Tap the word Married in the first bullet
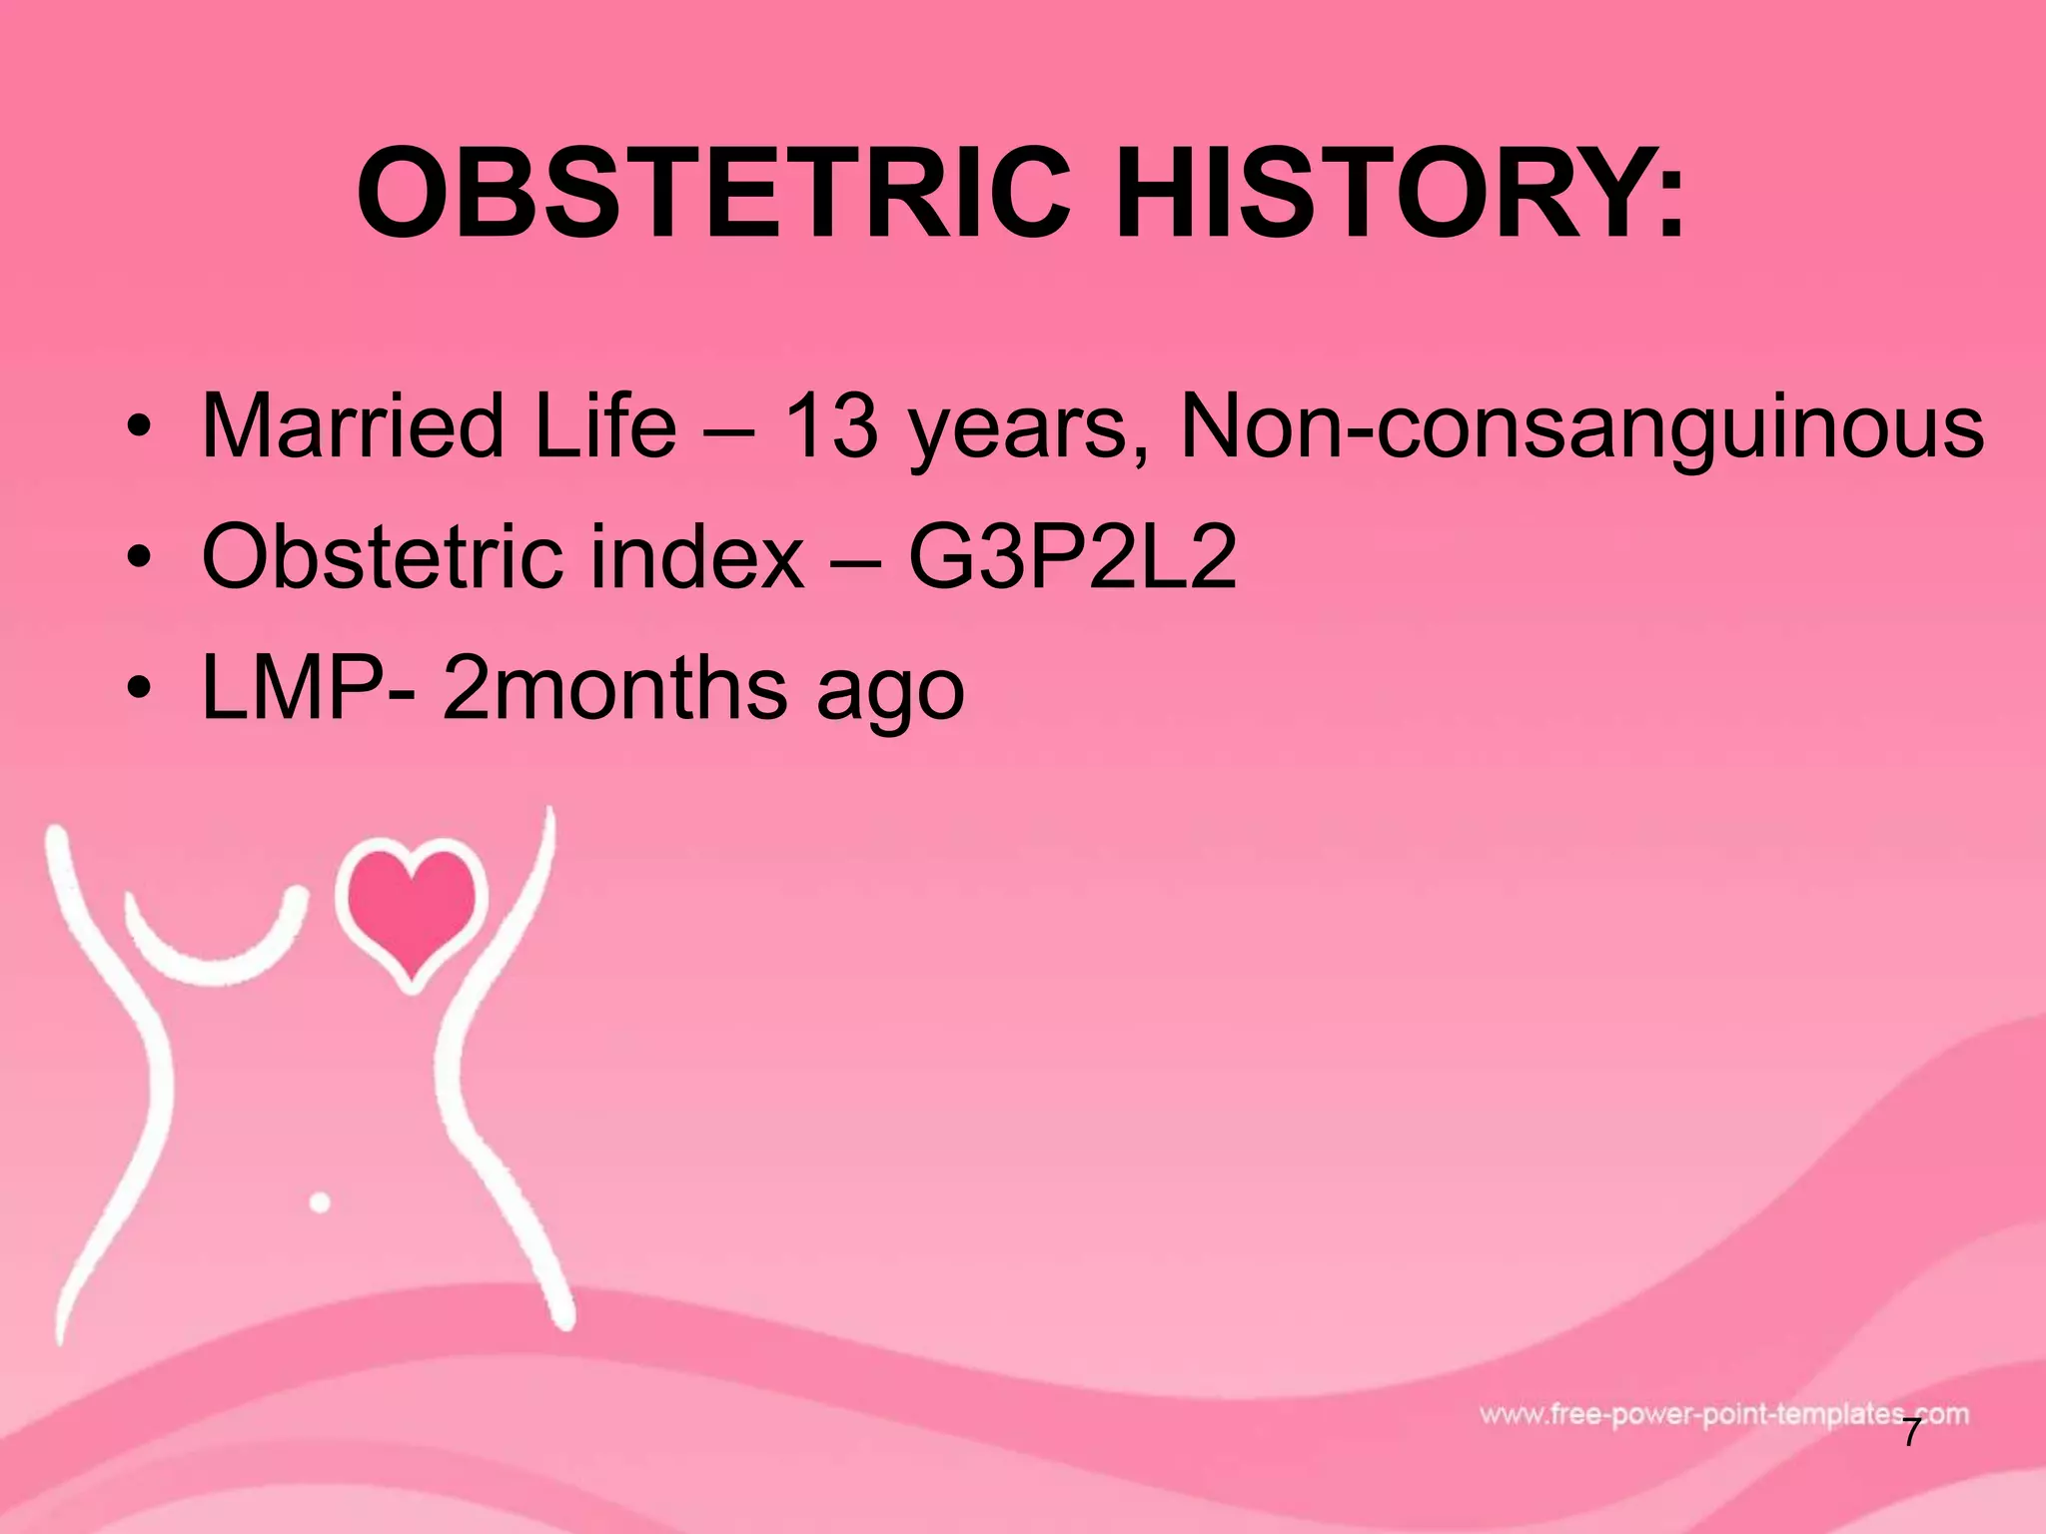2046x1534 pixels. [353, 426]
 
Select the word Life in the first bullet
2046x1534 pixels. [606, 426]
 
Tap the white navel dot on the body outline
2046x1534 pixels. [320, 1202]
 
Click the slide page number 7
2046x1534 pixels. [1911, 1434]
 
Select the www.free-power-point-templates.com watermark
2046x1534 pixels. [1723, 1414]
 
